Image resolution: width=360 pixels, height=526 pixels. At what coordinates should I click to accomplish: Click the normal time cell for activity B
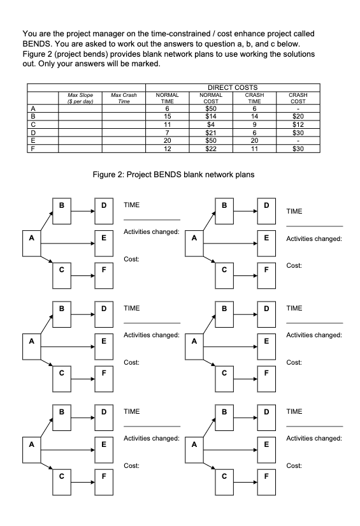169,114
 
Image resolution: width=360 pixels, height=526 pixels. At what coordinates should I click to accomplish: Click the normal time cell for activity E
169,139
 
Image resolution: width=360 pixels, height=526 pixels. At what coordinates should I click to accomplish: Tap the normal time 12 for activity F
169,147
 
